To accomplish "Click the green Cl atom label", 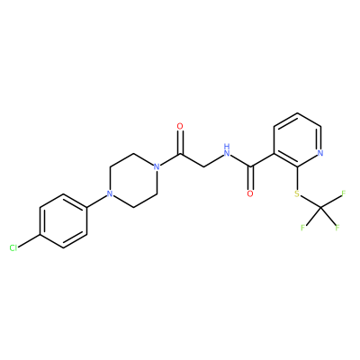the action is point(13,248).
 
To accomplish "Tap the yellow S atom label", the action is point(297,193).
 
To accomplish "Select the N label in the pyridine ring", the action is point(320,153).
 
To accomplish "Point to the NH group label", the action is point(227,151).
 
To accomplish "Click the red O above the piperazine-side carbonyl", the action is point(180,126).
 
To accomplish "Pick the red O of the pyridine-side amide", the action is point(250,193).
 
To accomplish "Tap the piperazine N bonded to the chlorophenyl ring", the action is point(110,193).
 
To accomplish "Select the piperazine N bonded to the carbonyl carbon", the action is point(157,166).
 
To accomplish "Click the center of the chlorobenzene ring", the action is point(63,220).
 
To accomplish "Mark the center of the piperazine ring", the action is point(133,180).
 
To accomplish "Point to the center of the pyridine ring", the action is point(297,139).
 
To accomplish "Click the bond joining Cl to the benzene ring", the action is point(29,241).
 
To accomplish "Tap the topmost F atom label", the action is point(344,193).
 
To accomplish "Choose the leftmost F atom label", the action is point(302,228).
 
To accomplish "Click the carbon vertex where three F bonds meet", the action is point(320,207).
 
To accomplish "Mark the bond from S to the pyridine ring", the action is point(297,178).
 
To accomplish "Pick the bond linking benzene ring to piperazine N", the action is point(96,202).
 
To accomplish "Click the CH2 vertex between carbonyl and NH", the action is point(203,166).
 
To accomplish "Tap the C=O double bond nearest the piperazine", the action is point(180,142).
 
